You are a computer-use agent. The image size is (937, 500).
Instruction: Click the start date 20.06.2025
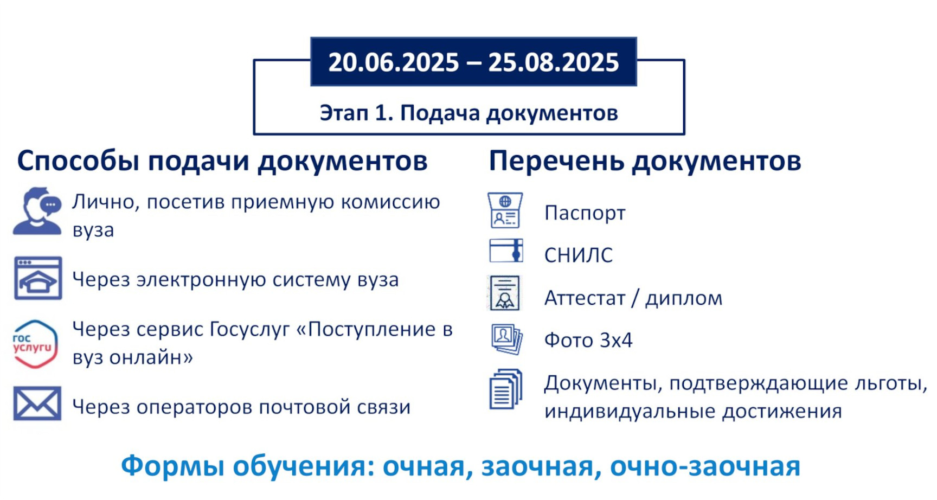click(394, 62)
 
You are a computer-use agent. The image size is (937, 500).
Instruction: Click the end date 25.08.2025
click(554, 62)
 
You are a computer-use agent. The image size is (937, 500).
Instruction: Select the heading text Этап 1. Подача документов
click(469, 113)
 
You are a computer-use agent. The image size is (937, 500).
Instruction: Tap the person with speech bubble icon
click(37, 211)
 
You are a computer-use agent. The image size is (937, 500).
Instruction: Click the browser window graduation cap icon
click(37, 278)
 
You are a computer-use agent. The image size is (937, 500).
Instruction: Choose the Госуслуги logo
click(35, 344)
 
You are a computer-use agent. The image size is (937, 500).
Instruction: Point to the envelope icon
click(37, 403)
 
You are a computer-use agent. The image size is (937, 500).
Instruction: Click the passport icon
click(505, 210)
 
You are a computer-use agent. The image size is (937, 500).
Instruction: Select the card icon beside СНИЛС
click(506, 251)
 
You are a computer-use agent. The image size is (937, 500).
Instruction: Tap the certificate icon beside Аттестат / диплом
click(505, 293)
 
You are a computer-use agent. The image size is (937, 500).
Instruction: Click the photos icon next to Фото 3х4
click(506, 339)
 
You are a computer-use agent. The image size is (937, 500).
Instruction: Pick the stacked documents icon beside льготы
click(506, 389)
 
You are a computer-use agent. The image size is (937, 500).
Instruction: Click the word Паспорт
click(585, 213)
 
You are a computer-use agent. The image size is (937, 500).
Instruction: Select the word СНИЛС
click(579, 255)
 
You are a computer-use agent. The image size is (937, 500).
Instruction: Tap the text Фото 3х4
click(588, 340)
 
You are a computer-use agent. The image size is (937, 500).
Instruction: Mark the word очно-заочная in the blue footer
click(705, 466)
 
